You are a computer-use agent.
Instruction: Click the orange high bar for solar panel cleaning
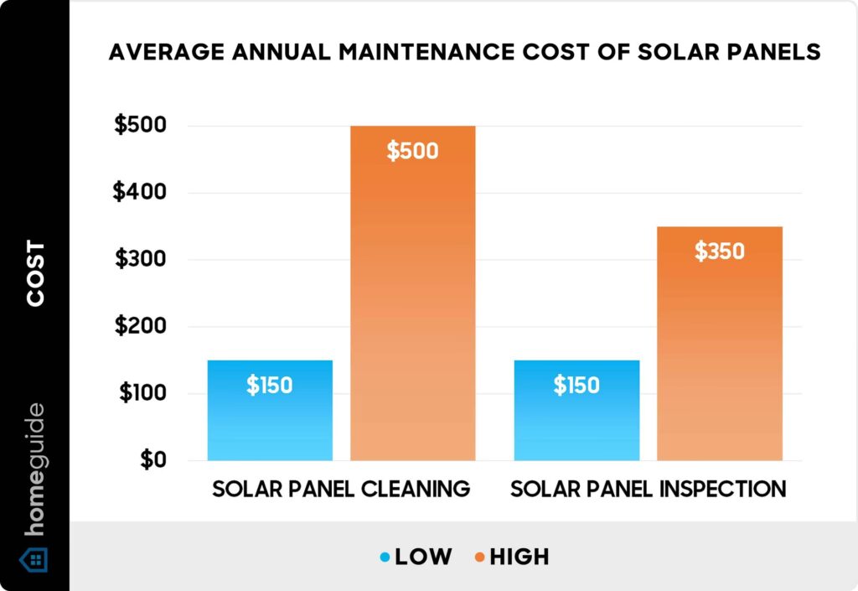point(412,293)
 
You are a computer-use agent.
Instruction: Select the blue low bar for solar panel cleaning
point(270,411)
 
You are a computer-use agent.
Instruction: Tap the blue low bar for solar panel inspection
point(576,411)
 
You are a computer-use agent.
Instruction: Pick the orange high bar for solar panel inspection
point(720,344)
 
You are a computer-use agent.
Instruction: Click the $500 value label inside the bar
point(412,152)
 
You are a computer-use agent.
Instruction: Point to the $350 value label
point(720,251)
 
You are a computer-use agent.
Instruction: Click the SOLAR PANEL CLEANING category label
point(341,490)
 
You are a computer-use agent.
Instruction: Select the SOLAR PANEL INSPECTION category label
point(649,490)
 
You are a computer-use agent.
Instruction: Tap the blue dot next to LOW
point(385,557)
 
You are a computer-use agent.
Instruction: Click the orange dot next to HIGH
point(479,557)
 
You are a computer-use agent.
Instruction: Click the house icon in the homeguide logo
point(34,558)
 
